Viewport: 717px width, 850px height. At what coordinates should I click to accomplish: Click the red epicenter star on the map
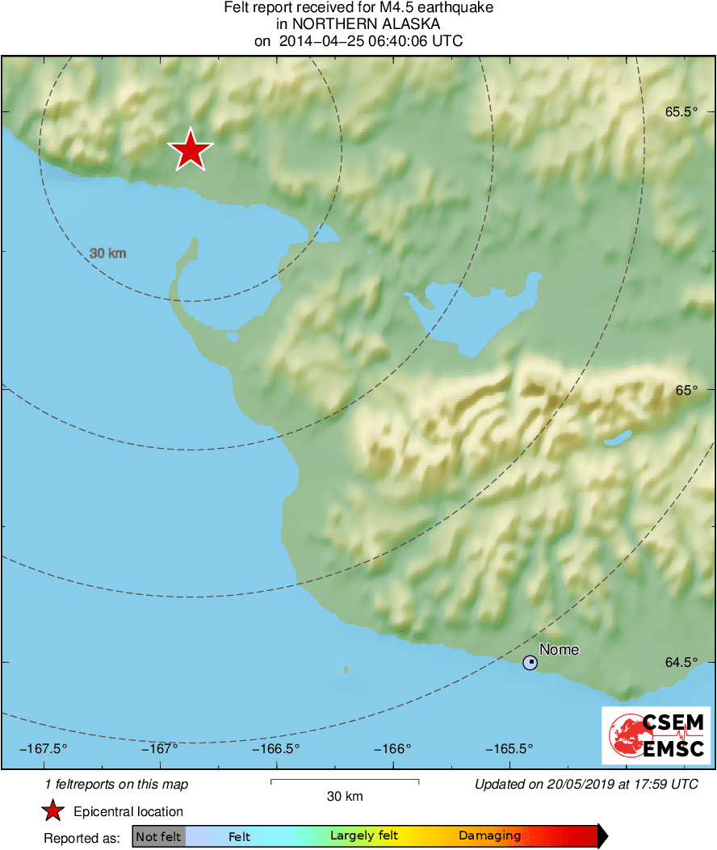click(191, 149)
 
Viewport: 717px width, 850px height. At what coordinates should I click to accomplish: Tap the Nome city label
click(559, 649)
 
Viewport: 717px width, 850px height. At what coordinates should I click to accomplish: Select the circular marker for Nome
click(530, 663)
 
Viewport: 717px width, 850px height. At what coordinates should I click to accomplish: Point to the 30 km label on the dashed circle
click(107, 253)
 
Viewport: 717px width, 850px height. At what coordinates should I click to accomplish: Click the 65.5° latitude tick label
click(681, 112)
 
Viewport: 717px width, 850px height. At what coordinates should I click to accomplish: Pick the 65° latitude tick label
click(686, 390)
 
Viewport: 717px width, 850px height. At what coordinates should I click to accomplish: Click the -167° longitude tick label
click(163, 748)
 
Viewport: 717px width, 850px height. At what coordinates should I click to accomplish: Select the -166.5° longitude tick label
click(279, 748)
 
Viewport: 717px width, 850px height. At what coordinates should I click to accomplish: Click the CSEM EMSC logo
click(656, 735)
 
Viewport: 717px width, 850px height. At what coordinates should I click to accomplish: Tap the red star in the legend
click(53, 811)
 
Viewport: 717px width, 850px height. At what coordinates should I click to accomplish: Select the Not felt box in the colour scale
click(159, 836)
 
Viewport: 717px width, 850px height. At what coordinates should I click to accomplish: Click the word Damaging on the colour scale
click(489, 836)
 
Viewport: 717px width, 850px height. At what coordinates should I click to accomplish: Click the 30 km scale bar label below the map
click(345, 797)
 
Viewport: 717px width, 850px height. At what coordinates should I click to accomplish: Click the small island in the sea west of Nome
click(346, 669)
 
